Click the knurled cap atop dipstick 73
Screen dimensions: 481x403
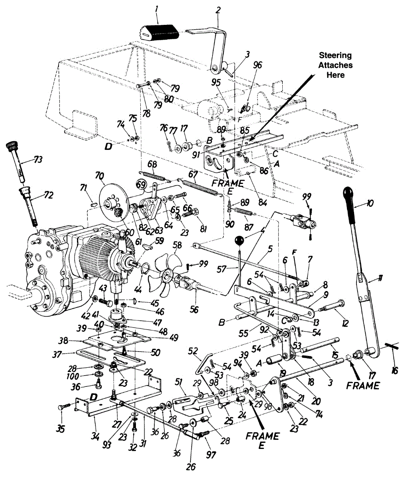(x=12, y=145)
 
